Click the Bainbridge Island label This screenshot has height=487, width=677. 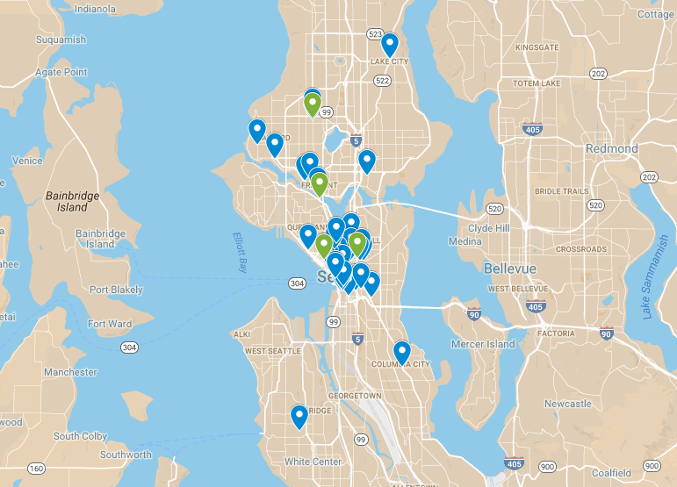click(x=67, y=201)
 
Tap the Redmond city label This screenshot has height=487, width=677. click(x=611, y=148)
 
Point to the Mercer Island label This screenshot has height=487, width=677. click(x=483, y=344)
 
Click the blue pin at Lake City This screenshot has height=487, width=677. click(x=390, y=44)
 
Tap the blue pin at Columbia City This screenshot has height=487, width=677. click(x=402, y=352)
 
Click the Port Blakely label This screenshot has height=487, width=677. click(x=116, y=290)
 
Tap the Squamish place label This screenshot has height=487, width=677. click(x=61, y=39)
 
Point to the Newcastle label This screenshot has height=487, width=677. click(x=568, y=404)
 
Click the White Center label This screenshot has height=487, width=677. click(x=313, y=462)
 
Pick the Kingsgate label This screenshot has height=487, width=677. click(x=537, y=47)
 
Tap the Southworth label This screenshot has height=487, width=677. click(x=126, y=455)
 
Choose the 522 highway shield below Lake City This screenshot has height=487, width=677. click(x=382, y=80)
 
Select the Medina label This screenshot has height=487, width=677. click(x=465, y=241)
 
